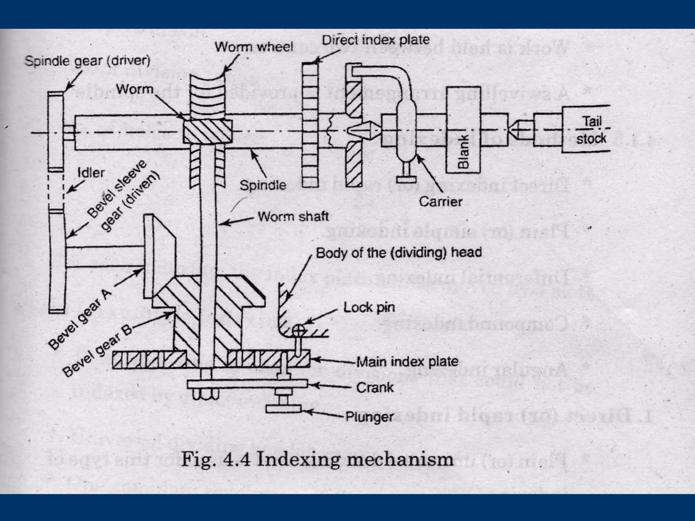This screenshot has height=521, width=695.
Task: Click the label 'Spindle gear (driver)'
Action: click(87, 61)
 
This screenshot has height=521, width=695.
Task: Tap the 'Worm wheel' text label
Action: click(253, 47)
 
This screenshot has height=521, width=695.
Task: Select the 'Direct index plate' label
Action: click(376, 40)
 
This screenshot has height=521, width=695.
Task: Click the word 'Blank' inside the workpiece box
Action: click(463, 151)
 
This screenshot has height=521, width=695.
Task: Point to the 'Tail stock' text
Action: click(591, 130)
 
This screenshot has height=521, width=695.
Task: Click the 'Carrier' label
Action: click(440, 202)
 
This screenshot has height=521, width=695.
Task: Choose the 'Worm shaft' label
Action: click(293, 216)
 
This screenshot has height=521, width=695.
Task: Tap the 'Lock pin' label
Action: click(369, 308)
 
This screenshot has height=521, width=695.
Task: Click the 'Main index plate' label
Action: click(407, 362)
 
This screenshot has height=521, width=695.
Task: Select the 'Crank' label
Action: click(375, 387)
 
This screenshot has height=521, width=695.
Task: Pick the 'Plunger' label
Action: click(370, 417)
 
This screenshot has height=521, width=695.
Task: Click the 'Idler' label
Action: click(91, 173)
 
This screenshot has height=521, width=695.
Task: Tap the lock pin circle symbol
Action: click(299, 329)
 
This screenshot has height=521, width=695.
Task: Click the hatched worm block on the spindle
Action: click(208, 131)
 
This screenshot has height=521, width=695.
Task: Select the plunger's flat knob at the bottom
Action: click(284, 409)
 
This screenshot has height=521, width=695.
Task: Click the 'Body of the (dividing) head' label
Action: click(399, 253)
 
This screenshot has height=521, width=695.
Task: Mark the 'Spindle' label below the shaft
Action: click(263, 185)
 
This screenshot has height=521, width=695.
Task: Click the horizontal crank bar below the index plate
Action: click(247, 384)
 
